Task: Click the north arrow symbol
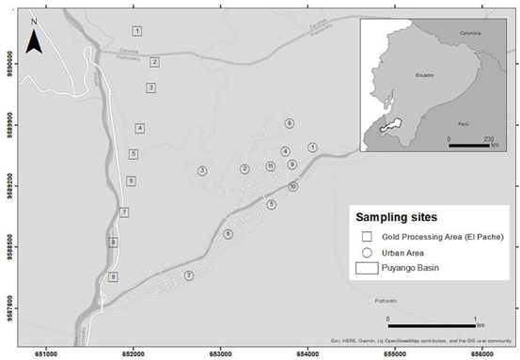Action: (34, 39)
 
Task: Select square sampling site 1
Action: (137, 32)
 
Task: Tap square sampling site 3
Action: (150, 87)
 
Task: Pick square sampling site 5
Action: (134, 153)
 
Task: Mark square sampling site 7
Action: (124, 212)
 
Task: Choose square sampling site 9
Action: (113, 276)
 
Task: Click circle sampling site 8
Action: (290, 123)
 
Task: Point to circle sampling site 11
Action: (271, 166)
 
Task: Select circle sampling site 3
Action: (202, 170)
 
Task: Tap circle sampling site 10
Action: (293, 187)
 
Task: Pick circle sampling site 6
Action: (228, 234)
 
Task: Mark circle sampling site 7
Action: (189, 275)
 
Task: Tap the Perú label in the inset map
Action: (462, 123)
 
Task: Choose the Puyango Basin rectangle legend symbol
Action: (368, 269)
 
